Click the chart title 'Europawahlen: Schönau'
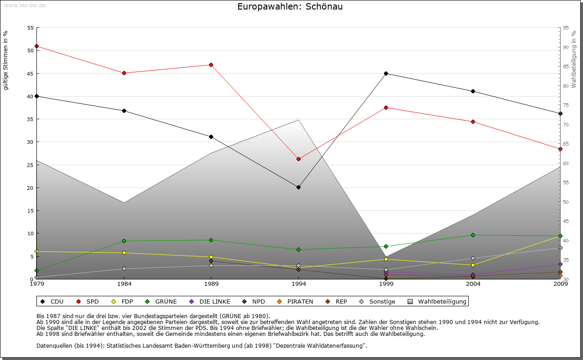(290, 7)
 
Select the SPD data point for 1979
(36, 46)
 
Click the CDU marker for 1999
(386, 73)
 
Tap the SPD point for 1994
(298, 159)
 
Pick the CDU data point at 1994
(298, 187)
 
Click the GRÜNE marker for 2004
(473, 235)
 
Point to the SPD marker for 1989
(211, 65)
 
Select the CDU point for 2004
(473, 91)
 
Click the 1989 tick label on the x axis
(211, 284)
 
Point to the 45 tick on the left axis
(31, 73)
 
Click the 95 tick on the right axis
(566, 28)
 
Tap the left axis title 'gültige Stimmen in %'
(6, 60)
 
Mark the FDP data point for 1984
(124, 253)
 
